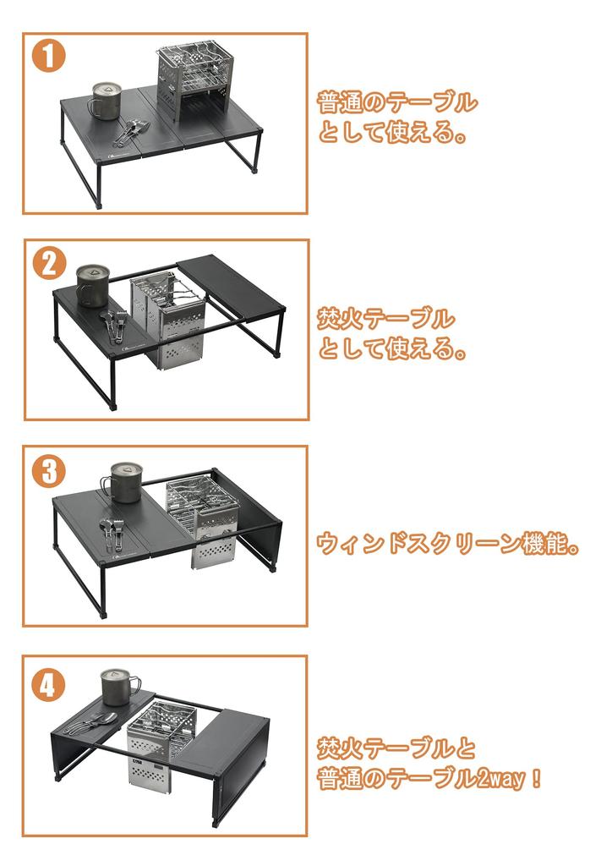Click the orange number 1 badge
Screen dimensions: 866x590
50,58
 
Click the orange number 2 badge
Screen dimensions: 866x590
50,264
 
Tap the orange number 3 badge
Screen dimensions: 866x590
49,470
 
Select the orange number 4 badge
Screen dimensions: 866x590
48,684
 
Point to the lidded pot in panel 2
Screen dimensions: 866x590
92,285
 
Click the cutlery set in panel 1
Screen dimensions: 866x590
131,130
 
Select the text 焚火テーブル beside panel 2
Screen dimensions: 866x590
385,320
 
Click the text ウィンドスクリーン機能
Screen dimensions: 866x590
448,543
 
